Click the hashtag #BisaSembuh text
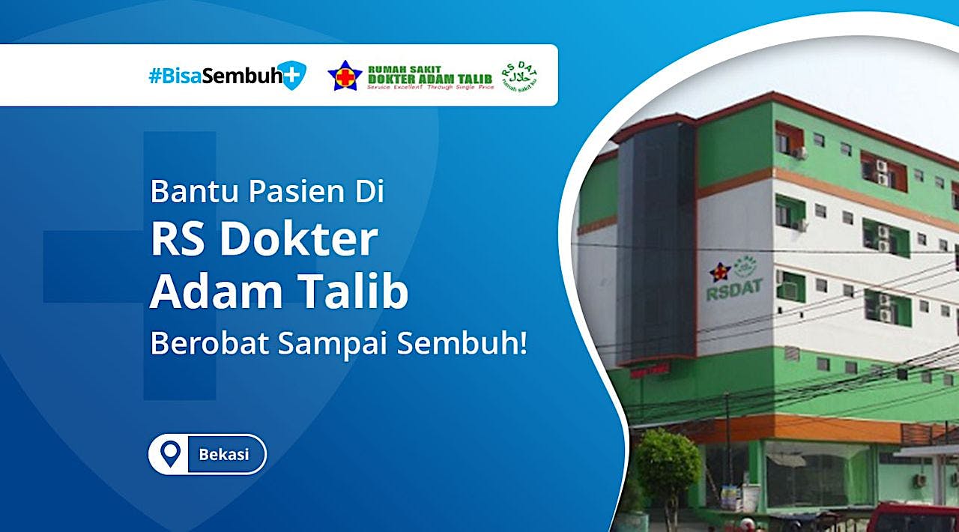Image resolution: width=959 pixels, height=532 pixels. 214,76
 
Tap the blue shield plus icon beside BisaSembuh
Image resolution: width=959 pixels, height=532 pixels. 292,76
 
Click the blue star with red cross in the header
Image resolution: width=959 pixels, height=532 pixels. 345,76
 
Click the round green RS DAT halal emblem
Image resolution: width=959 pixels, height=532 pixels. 520,76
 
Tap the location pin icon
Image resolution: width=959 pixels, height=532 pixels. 172,454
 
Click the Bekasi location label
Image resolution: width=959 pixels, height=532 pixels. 223,454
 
